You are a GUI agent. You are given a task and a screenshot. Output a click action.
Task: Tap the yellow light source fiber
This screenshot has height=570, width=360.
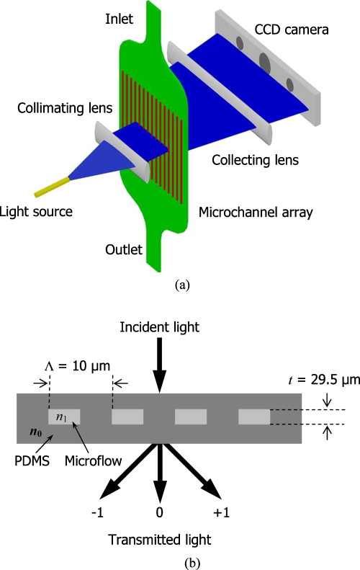(51, 187)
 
